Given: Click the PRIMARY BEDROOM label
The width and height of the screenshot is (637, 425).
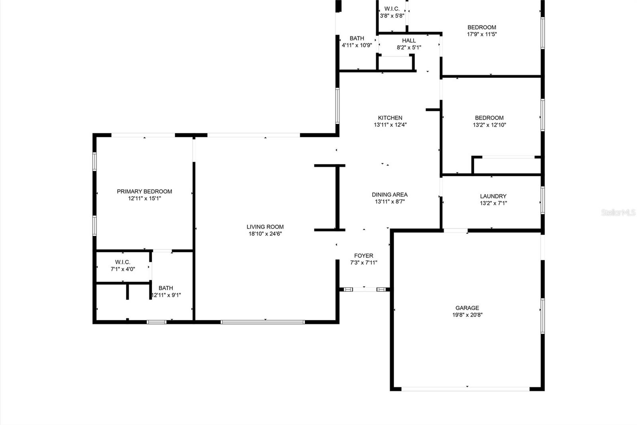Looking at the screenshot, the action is pos(145,191).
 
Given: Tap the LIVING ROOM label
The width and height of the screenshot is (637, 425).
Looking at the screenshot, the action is pos(265,227).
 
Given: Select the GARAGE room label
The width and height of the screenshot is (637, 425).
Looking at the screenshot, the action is pos(467,308).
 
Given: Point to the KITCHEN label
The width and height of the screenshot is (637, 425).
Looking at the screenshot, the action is pos(390,118).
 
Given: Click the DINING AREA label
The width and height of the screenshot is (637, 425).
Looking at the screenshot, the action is pos(390,195).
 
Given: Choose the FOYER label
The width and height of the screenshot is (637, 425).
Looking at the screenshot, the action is pos(364,256).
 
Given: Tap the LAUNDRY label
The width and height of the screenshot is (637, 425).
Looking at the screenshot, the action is pos(493,196).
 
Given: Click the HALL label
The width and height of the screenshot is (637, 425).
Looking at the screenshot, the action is pos(409,40).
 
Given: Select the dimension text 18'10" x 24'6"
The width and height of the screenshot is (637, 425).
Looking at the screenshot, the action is pos(265,234).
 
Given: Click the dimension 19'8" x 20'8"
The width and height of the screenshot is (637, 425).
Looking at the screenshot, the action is pos(467,315).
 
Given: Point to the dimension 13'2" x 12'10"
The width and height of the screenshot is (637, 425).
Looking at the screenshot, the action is pos(489,125).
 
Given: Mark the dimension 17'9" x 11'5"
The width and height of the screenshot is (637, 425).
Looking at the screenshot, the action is pos(482,34).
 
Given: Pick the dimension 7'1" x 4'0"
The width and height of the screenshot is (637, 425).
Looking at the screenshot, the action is pos(123,269).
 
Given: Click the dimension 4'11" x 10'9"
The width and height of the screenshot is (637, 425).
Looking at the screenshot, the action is pos(357,45).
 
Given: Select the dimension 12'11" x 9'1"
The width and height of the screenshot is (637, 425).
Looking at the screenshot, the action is pos(166,295).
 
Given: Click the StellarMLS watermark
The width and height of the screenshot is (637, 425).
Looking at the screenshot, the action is pos(618,212).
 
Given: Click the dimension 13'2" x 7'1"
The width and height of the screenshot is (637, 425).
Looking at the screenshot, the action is pos(493,203).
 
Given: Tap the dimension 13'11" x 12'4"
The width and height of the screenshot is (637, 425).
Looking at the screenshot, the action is pos(390,125).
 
